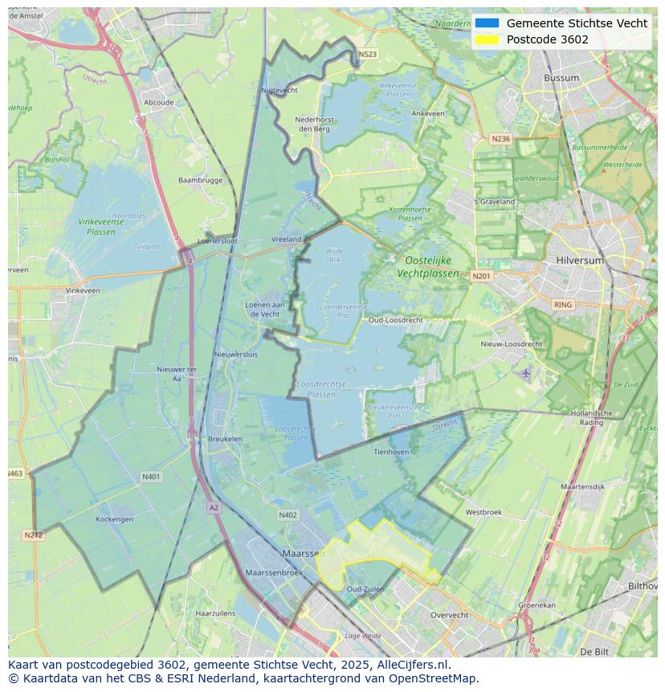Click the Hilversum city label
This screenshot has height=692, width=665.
click(x=580, y=261)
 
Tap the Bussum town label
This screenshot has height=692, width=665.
click(x=561, y=78)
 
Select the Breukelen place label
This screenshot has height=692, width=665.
click(x=225, y=439)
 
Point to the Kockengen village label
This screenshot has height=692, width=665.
click(x=114, y=519)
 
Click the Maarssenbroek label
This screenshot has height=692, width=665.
click(x=274, y=572)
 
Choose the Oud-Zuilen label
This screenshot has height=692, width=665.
click(x=365, y=589)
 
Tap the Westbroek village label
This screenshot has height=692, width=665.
click(x=483, y=512)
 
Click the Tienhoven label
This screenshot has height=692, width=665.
click(x=391, y=452)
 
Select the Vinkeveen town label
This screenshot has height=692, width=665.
click(x=83, y=290)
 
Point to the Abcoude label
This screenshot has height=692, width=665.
click(x=158, y=102)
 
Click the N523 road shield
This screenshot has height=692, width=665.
click(x=368, y=55)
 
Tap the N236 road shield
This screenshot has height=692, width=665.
click(x=500, y=139)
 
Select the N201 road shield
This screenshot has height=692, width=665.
click(x=481, y=276)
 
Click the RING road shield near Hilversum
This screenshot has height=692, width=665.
click(x=563, y=305)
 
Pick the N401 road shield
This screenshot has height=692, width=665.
click(x=151, y=477)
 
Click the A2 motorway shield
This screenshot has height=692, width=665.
click(x=214, y=508)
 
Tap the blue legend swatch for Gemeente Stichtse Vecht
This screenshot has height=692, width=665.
click(x=487, y=23)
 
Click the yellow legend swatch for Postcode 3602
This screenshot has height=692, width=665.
click(x=487, y=39)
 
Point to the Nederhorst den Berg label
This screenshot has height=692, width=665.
click(x=314, y=124)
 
